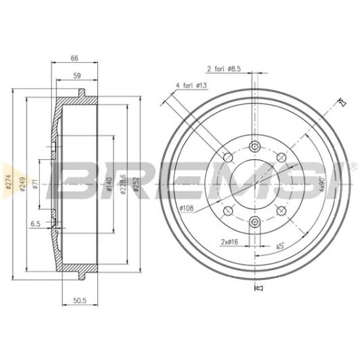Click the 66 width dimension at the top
(74, 59)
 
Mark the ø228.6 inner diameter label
(122, 183)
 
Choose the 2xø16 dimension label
(229, 241)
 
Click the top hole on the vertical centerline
(254, 146)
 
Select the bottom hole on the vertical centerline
(254, 221)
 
